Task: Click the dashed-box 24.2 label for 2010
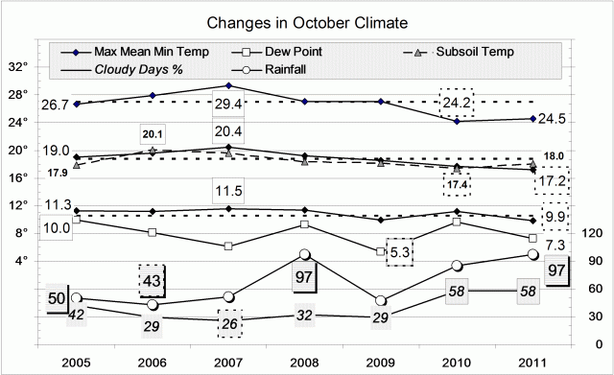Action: click(x=457, y=101)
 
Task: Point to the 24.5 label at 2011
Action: click(x=554, y=120)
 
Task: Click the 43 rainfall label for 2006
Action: click(x=152, y=281)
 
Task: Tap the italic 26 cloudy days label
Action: click(x=228, y=324)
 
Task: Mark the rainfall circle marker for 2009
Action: click(x=381, y=301)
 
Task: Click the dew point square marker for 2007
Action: click(x=228, y=246)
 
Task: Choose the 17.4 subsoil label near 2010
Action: click(x=457, y=182)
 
